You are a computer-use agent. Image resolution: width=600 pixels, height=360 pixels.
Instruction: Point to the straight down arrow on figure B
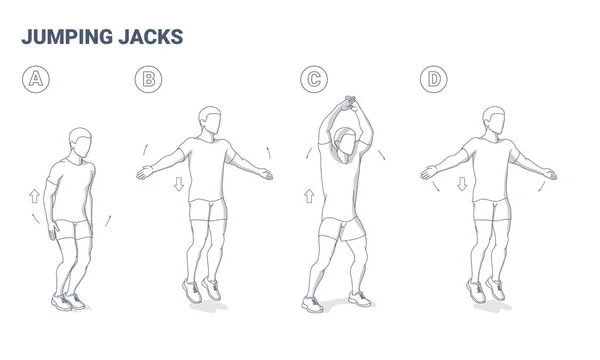(178, 184)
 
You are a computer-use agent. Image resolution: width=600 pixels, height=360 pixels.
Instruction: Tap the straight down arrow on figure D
(462, 184)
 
